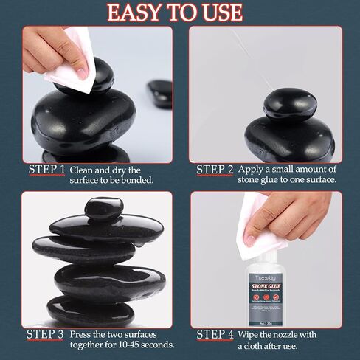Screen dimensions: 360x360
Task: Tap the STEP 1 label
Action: pos(47,170)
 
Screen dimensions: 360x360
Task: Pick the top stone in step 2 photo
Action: pos(290,103)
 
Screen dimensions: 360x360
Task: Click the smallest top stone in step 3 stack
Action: pos(103,209)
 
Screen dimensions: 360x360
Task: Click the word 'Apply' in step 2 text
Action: pos(252,170)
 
